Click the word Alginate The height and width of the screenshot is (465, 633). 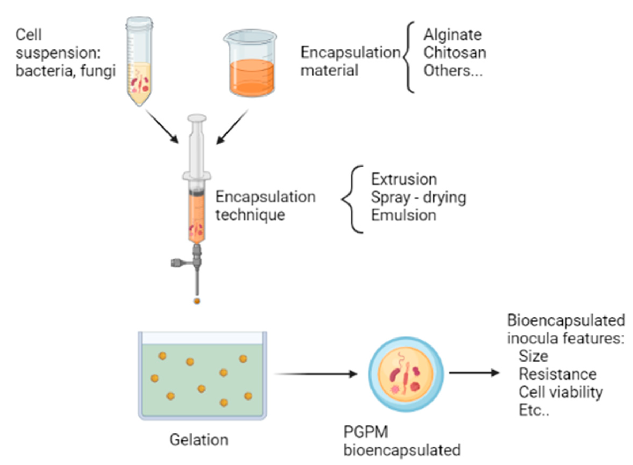click(x=452, y=35)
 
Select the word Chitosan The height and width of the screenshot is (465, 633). click(x=455, y=53)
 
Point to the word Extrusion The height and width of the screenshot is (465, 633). click(x=403, y=180)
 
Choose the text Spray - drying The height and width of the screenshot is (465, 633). click(x=418, y=198)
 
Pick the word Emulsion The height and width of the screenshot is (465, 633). click(x=403, y=216)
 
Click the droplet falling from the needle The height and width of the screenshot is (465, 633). click(x=197, y=301)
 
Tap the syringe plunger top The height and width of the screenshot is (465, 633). click(x=197, y=118)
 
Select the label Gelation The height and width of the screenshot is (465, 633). click(x=199, y=440)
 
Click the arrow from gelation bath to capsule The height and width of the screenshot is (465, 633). click(x=316, y=374)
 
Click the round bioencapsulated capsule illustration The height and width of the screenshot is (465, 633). click(x=406, y=374)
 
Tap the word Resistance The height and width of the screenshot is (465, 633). click(x=558, y=374)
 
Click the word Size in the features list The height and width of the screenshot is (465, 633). click(x=533, y=356)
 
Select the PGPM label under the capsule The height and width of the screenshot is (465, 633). click(x=365, y=432)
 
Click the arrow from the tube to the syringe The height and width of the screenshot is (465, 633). click(x=162, y=126)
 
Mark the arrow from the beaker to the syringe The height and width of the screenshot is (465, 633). click(x=232, y=127)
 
